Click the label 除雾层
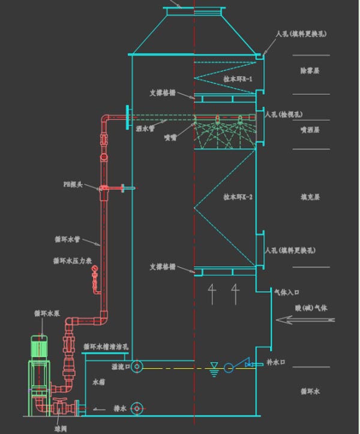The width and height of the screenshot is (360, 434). tap(310, 71)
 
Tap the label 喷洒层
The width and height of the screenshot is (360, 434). tap(310, 130)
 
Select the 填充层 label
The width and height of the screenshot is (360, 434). tap(310, 197)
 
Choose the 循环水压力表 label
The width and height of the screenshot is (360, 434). tap(73, 261)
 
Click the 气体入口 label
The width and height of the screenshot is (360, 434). tap(287, 292)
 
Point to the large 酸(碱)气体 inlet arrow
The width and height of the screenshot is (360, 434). tap(304, 321)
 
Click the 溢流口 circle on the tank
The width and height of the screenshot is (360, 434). tap(137, 366)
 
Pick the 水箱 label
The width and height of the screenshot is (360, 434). tap(99, 382)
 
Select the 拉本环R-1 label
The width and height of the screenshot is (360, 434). tap(238, 79)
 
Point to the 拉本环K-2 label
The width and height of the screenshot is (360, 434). tap(238, 196)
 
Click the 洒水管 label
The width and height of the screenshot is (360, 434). tap(145, 128)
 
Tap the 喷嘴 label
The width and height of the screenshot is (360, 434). tap(170, 137)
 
